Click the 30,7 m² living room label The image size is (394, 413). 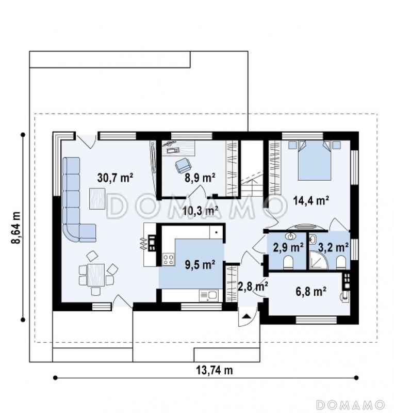pyautogui.click(x=115, y=178)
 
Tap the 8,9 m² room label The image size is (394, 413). pyautogui.click(x=200, y=178)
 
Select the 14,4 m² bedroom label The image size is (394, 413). pyautogui.click(x=311, y=201)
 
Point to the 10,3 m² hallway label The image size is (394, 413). pyautogui.click(x=200, y=211)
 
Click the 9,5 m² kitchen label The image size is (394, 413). pyautogui.click(x=200, y=265)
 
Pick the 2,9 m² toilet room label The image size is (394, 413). pyautogui.click(x=288, y=248)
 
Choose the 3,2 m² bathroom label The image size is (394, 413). pyautogui.click(x=334, y=248)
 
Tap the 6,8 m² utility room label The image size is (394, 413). pyautogui.click(x=311, y=292)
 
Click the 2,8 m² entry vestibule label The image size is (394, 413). pyautogui.click(x=253, y=287)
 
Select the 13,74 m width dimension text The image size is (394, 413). pyautogui.click(x=215, y=370)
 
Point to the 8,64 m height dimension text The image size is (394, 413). pyautogui.click(x=17, y=228)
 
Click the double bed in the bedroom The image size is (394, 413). pyautogui.click(x=315, y=161)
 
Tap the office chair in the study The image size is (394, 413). pyautogui.click(x=183, y=165)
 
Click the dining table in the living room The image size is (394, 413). pyautogui.click(x=96, y=275)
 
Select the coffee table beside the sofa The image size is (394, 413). pyautogui.click(x=97, y=199)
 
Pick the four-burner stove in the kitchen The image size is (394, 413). pyautogui.click(x=169, y=259)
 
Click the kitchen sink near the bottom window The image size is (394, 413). pyautogui.click(x=209, y=295)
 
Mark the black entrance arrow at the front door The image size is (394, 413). pyautogui.click(x=247, y=316)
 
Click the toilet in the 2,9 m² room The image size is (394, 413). pyautogui.click(x=288, y=262)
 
